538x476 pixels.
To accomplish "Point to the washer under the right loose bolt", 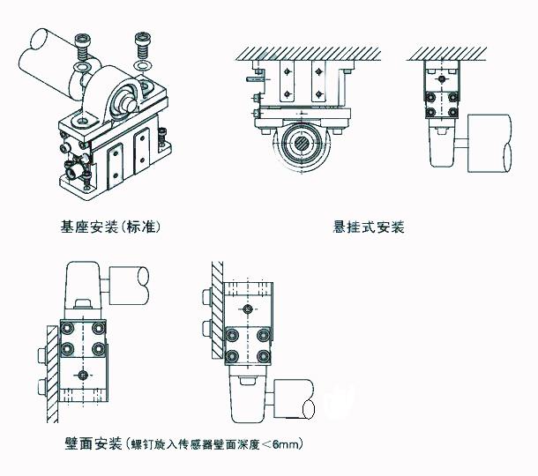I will click(x=141, y=64).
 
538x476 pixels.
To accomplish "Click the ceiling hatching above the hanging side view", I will click(x=450, y=52).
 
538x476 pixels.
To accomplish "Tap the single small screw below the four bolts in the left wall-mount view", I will click(x=83, y=374).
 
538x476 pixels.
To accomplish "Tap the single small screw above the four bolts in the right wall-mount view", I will click(x=250, y=309).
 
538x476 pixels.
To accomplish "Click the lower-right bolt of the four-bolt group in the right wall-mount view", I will click(x=265, y=354).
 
